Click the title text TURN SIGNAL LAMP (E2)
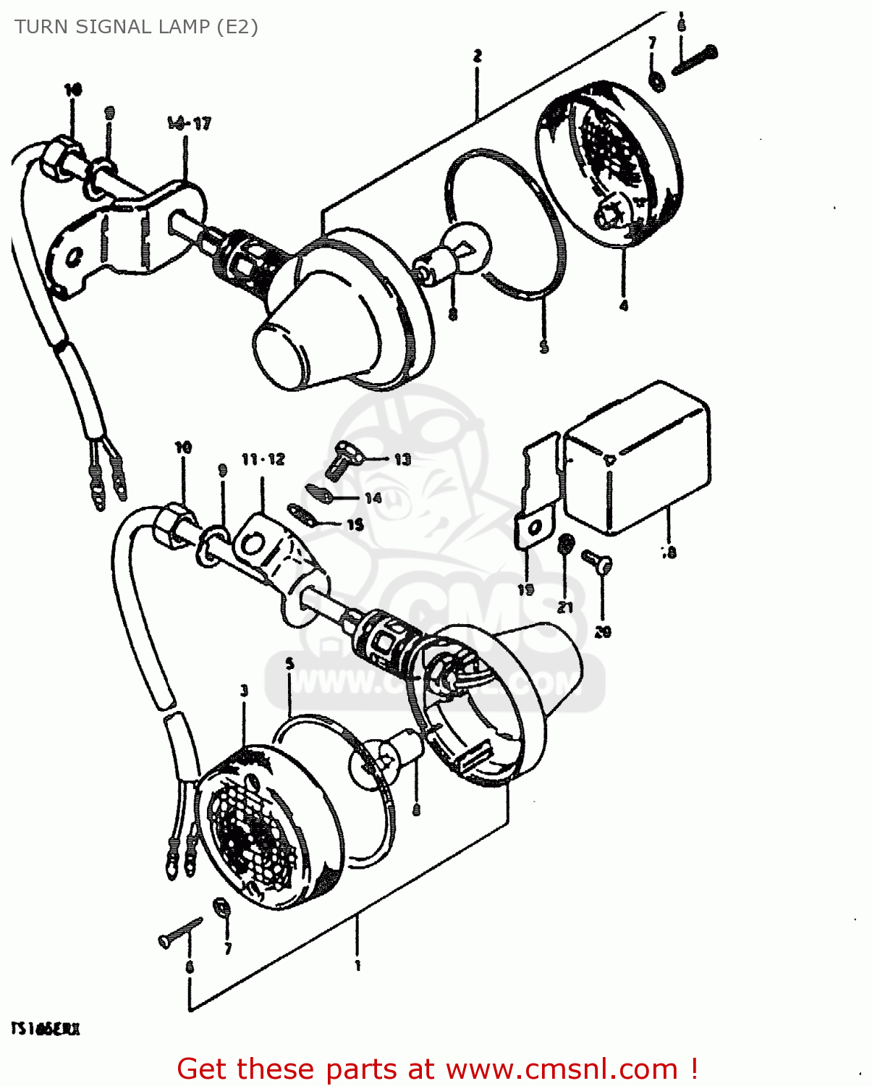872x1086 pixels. click(x=136, y=28)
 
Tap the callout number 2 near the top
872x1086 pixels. click(x=478, y=56)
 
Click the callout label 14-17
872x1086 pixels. click(x=190, y=124)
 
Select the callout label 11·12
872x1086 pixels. click(x=263, y=459)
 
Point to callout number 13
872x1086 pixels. click(x=402, y=459)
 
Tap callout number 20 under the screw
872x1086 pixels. click(x=603, y=632)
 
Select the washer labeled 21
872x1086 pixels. click(x=567, y=544)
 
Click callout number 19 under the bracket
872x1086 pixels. click(x=526, y=589)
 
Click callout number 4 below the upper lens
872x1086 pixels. click(x=624, y=306)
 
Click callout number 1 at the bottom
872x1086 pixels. click(x=357, y=965)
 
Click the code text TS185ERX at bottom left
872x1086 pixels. click(x=45, y=1029)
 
